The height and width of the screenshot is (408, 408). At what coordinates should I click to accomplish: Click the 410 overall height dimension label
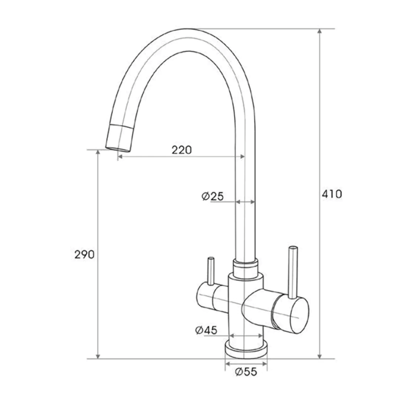click(x=331, y=194)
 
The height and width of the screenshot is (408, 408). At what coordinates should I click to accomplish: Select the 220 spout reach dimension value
click(x=181, y=150)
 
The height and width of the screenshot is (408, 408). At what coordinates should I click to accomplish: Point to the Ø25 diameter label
click(x=213, y=196)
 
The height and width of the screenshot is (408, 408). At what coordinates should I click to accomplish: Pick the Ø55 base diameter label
click(x=246, y=372)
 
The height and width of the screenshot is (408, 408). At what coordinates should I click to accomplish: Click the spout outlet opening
click(x=118, y=148)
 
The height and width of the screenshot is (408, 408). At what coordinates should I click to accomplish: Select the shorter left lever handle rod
click(x=211, y=271)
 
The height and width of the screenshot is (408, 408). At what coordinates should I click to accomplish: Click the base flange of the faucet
click(x=246, y=349)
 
